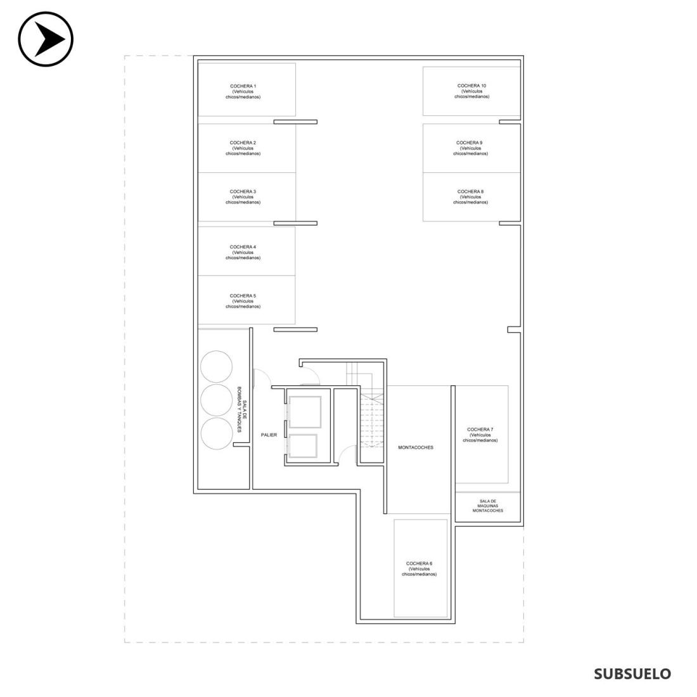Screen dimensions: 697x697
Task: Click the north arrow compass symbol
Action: (46, 39)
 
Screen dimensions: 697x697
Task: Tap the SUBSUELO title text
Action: (632, 674)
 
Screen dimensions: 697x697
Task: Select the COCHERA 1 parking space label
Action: (243, 92)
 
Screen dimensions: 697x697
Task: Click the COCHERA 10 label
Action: (471, 91)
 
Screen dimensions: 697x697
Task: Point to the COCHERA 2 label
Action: (243, 148)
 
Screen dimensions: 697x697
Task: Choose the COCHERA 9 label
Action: (470, 148)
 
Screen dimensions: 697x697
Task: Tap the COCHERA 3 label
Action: (243, 197)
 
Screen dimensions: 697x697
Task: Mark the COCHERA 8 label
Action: (470, 197)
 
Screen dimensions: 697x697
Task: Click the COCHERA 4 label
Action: (243, 252)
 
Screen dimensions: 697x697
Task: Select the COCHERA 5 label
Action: (243, 301)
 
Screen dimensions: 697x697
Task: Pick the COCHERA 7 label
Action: (480, 435)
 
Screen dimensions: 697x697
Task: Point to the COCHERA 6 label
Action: (419, 569)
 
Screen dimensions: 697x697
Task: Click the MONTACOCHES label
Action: (416, 447)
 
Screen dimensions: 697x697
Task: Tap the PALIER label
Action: (269, 435)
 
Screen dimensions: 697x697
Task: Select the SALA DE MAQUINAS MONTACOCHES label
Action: (488, 506)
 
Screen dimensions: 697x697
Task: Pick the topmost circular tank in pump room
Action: (216, 366)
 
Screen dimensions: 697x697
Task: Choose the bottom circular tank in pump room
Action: (217, 433)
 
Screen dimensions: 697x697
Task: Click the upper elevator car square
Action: (305, 412)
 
